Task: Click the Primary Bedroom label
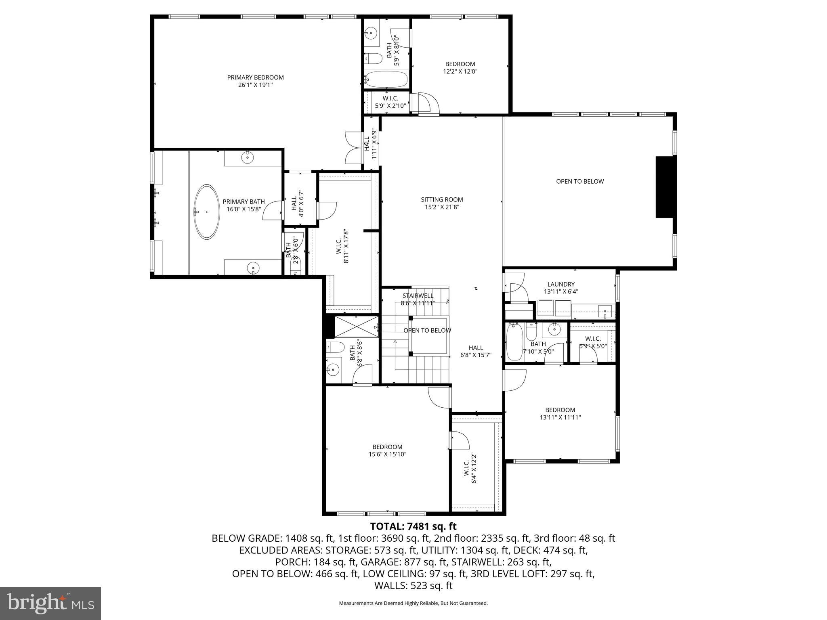coord(255,77)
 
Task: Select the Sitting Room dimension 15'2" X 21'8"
coord(442,207)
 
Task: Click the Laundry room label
coord(561,284)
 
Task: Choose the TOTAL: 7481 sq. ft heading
coord(413,526)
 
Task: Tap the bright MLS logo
coord(50,603)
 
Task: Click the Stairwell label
coord(418,295)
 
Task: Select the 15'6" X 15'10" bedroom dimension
coord(387,454)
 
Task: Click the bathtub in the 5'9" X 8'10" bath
coord(386,79)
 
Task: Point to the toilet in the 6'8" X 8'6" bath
coord(335,347)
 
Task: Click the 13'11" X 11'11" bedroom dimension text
coord(560,417)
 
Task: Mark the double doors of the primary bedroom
coord(354,151)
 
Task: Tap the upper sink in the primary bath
coord(248,157)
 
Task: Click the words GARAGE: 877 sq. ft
coord(404,562)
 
